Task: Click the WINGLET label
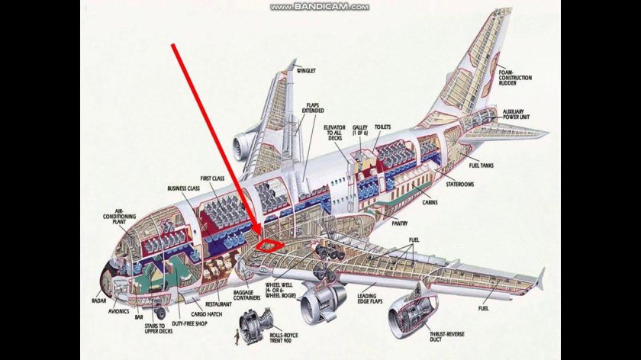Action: click(306, 71)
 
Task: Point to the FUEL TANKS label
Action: click(484, 166)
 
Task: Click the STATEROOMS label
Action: click(461, 184)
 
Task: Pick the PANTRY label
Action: click(399, 223)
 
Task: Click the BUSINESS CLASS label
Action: click(183, 188)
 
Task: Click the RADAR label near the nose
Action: click(98, 301)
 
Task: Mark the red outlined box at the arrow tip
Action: click(269, 245)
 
